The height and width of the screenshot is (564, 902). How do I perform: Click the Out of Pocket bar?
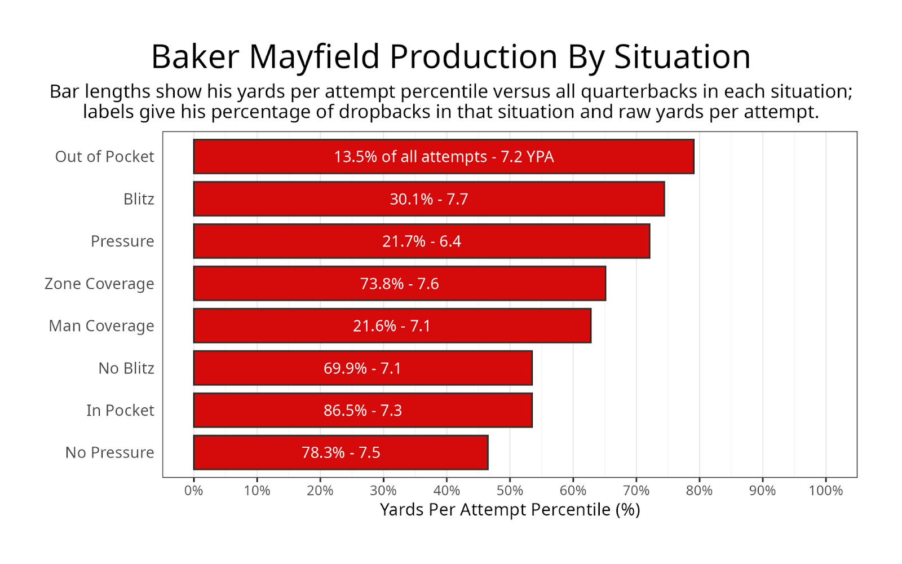pos(444,157)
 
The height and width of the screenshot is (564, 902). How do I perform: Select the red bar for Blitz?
pos(429,199)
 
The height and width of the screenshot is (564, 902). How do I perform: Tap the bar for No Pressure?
pos(341,452)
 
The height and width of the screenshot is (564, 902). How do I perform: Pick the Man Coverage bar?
pos(392,326)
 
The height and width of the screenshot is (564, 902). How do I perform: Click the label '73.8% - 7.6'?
pos(399,284)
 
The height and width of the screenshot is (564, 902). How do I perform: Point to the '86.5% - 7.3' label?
pos(363,411)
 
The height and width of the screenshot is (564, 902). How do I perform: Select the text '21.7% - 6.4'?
pos(422,241)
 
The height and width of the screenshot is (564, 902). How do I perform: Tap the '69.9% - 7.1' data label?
pos(362,368)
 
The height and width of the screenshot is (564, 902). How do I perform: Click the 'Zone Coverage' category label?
pos(99,284)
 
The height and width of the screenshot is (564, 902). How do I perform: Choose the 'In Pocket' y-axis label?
pos(120,411)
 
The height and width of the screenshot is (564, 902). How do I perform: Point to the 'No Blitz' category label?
pos(126,368)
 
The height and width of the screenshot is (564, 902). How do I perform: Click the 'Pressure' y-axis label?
pos(122,241)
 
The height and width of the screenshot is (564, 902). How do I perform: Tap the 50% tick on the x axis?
pos(510,491)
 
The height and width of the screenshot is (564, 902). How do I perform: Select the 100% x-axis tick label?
pos(826,491)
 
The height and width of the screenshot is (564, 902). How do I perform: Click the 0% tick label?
pos(194,491)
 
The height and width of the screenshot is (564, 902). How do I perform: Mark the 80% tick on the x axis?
pos(700,491)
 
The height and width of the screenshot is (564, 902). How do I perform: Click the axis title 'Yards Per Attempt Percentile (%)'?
pos(510,510)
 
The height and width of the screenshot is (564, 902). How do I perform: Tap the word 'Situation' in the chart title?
pos(682,57)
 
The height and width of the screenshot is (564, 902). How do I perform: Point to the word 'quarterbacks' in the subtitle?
pos(639,92)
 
